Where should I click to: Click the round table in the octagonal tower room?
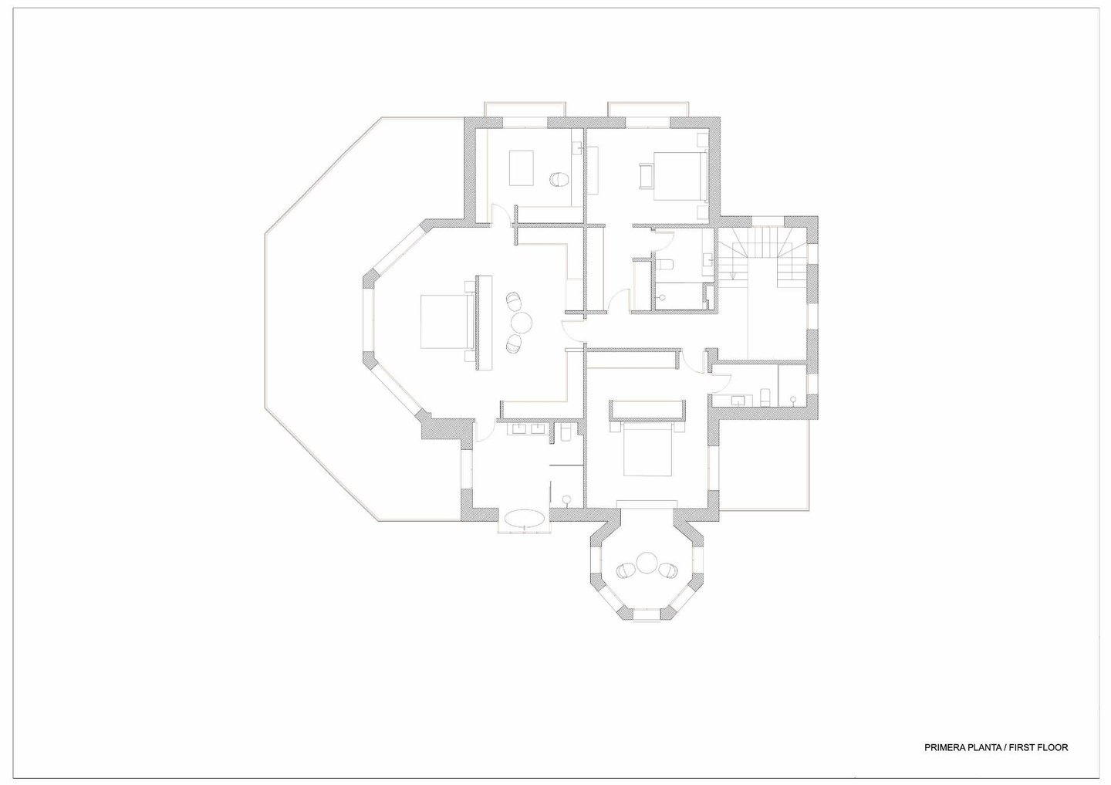647,563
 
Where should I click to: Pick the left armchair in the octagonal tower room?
626,570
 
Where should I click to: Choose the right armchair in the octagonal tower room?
667,570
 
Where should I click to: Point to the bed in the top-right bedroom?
680,176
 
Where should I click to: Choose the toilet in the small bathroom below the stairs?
765,398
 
